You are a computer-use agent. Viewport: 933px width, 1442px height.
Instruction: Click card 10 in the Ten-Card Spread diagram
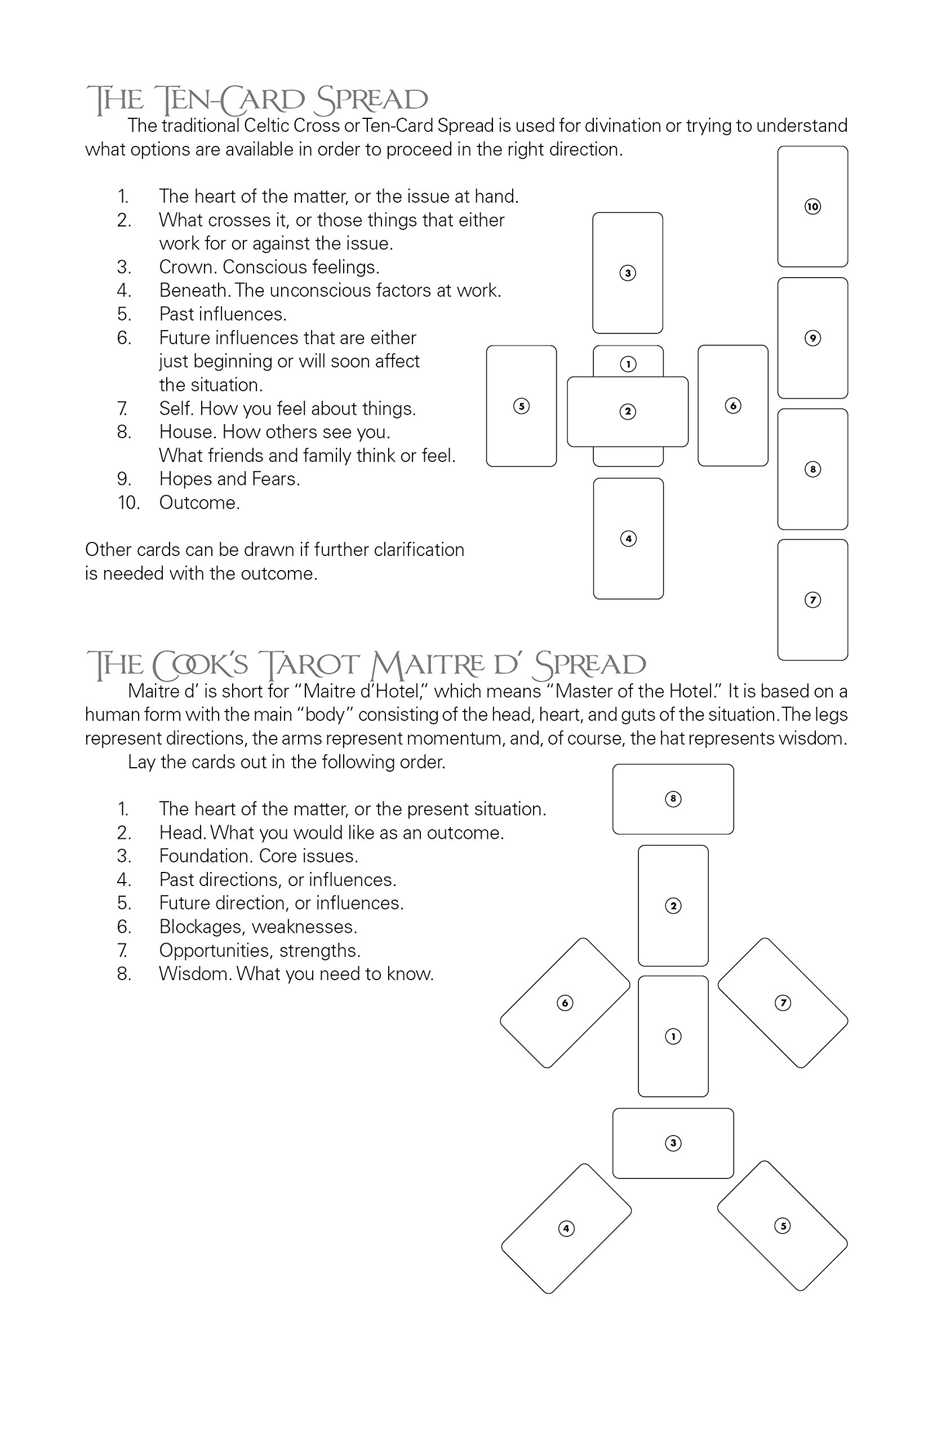coord(812,207)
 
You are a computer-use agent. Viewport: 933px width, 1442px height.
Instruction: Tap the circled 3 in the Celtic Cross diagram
coord(628,273)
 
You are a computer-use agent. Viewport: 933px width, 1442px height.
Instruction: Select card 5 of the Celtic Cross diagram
coord(521,406)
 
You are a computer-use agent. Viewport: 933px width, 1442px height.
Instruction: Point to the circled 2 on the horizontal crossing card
coord(628,412)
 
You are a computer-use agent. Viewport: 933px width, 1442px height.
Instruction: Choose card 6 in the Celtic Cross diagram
coord(732,406)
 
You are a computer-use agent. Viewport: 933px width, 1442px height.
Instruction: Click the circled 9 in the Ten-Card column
coord(812,338)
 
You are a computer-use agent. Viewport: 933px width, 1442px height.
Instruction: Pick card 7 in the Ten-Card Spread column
coord(812,599)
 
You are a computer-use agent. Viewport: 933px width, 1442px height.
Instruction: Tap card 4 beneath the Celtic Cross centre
coord(628,538)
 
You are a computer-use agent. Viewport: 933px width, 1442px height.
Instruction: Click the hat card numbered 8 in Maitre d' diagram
coord(673,799)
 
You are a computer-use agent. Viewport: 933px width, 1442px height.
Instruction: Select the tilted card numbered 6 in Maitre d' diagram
coord(565,1003)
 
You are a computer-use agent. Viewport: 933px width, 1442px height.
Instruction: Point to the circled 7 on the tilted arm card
coord(783,1003)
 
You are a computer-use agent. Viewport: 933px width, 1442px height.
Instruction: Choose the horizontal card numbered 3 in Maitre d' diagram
coord(673,1143)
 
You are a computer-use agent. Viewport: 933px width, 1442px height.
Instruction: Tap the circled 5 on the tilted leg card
coord(782,1226)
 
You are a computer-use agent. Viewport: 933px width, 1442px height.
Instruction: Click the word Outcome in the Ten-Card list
coord(199,502)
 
